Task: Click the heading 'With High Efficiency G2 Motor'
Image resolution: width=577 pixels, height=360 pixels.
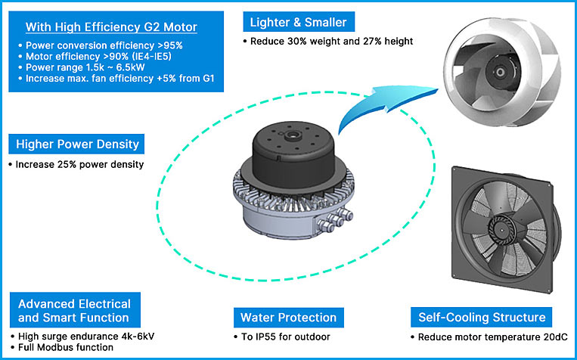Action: click(x=111, y=27)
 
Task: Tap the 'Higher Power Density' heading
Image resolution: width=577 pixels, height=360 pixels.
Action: click(x=77, y=144)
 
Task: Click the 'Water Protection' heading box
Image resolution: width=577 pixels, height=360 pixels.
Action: click(x=287, y=317)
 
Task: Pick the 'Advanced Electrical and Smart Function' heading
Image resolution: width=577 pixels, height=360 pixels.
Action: click(x=74, y=310)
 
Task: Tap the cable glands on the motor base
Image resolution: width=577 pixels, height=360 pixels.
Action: click(x=336, y=220)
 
